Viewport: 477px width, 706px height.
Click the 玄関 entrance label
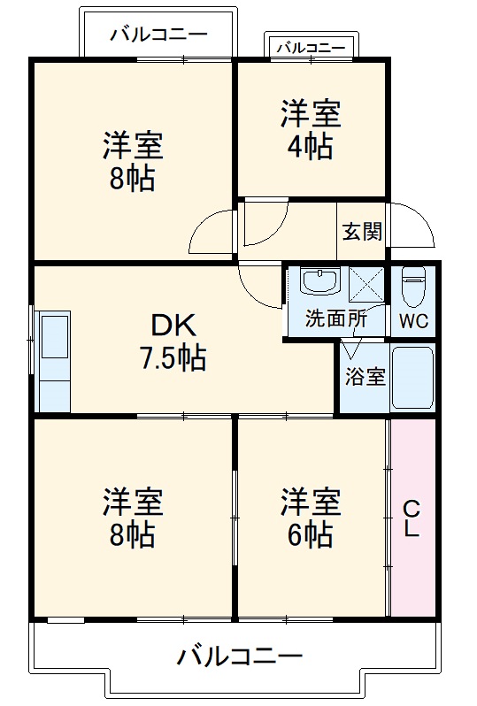pos(363,232)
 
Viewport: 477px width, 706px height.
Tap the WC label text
pos(413,320)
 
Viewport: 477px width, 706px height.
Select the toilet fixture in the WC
pos(413,286)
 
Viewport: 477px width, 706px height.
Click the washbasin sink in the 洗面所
pos(319,282)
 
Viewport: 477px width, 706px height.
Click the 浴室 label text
pos(364,375)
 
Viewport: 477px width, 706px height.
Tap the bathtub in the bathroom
pos(412,379)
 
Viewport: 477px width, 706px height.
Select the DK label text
pos(174,327)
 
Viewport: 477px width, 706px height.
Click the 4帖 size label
pos(311,146)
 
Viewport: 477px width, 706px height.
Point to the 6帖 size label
pos(310,533)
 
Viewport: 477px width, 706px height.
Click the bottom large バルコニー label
pos(239,656)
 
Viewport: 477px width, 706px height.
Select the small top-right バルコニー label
pos(312,47)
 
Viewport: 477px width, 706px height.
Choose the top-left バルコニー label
pos(159,35)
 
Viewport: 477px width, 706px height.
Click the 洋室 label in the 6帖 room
pos(311,503)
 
